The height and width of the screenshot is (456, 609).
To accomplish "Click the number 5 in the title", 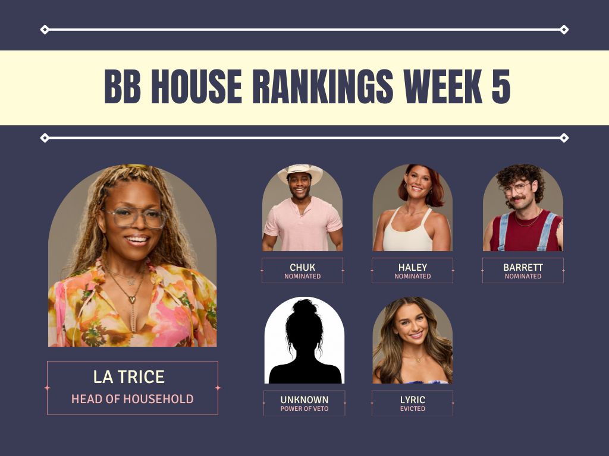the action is [x=501, y=87].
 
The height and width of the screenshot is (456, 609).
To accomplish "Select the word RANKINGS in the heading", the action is [x=323, y=87].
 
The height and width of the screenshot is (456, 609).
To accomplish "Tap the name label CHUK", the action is [x=303, y=267].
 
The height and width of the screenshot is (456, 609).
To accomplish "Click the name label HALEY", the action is [x=413, y=267].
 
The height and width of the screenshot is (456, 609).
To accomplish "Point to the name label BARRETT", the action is [x=523, y=267].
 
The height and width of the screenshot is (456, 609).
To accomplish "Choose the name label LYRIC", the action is [x=413, y=400].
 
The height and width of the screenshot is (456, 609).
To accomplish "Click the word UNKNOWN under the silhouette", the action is [x=304, y=400].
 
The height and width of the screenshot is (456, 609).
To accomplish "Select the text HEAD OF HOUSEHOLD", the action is [x=133, y=398].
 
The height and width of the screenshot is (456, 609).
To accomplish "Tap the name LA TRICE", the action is [x=129, y=376].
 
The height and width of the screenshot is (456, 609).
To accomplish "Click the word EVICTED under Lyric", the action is [x=413, y=408].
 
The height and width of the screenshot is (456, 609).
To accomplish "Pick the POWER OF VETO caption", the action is [x=304, y=408].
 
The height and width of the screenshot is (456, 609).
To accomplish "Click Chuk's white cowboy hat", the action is [x=300, y=172].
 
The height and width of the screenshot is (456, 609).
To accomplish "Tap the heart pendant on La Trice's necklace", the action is [x=132, y=299].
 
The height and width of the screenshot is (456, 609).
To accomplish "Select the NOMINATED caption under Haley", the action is [x=413, y=276].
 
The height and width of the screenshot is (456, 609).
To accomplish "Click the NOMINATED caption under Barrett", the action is [x=523, y=276].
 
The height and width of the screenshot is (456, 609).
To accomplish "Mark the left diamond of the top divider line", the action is [x=45, y=30].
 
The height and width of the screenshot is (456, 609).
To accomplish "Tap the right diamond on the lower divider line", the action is [x=564, y=138].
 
